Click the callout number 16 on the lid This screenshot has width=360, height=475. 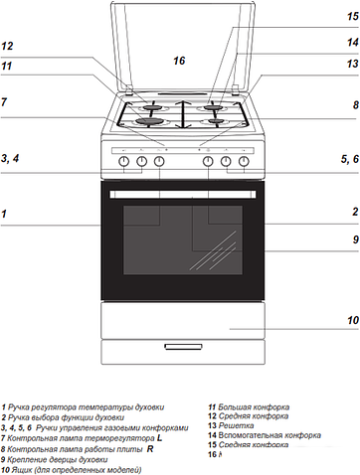[178, 61]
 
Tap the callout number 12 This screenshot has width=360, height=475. [8, 46]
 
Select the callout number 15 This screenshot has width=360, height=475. [351, 16]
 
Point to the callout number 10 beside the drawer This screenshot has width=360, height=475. [351, 321]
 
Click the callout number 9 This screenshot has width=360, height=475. [353, 239]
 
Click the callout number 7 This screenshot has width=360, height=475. [5, 101]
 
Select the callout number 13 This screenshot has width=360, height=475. [351, 64]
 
